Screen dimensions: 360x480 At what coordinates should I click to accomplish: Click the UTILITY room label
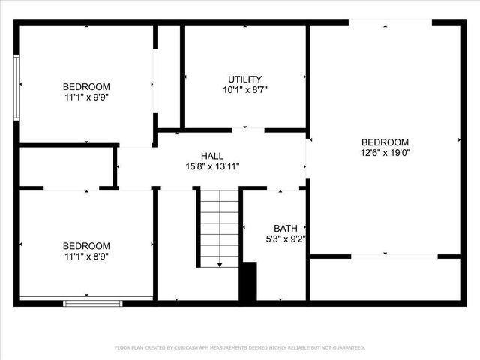click(x=245, y=79)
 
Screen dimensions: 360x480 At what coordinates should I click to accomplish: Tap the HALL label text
click(x=212, y=156)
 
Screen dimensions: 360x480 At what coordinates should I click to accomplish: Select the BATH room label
click(x=286, y=229)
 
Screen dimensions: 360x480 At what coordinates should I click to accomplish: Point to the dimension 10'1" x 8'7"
click(x=245, y=89)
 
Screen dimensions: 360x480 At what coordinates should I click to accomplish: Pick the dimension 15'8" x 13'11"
click(x=212, y=166)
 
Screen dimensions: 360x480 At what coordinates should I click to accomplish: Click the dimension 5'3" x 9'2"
click(x=286, y=239)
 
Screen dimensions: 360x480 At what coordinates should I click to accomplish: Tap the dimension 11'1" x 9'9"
click(x=86, y=97)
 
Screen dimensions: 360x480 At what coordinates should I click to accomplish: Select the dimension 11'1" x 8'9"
click(x=86, y=256)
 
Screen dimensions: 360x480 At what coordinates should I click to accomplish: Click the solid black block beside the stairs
click(x=247, y=282)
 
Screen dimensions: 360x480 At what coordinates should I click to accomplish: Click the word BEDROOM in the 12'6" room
click(x=385, y=142)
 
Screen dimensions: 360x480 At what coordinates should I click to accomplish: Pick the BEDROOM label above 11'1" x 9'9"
click(x=86, y=86)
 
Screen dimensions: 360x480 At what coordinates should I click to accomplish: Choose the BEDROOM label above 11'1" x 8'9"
click(x=86, y=245)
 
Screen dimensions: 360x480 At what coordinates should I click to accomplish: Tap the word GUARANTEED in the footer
click(x=347, y=347)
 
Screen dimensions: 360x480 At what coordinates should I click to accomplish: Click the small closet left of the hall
click(x=66, y=166)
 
